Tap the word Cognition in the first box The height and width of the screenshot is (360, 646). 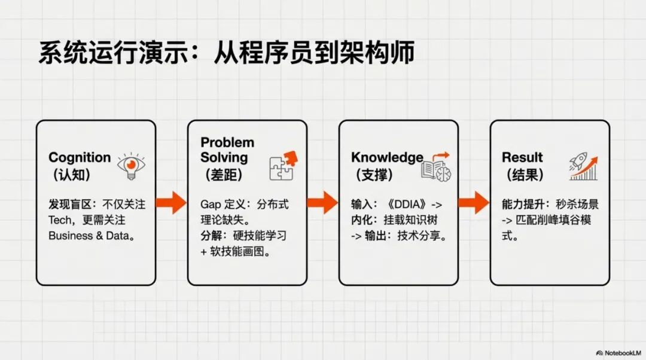[80, 158]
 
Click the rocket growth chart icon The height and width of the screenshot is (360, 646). [583, 166]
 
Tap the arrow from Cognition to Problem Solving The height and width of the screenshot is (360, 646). [172, 202]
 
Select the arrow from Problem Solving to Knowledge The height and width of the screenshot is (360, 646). [323, 202]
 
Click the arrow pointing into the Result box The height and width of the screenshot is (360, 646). [474, 202]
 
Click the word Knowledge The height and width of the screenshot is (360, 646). [387, 158]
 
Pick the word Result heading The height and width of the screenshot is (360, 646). [522, 158]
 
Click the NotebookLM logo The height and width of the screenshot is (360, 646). [618, 353]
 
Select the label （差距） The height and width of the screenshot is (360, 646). [224, 175]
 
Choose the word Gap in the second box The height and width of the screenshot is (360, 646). [211, 205]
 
